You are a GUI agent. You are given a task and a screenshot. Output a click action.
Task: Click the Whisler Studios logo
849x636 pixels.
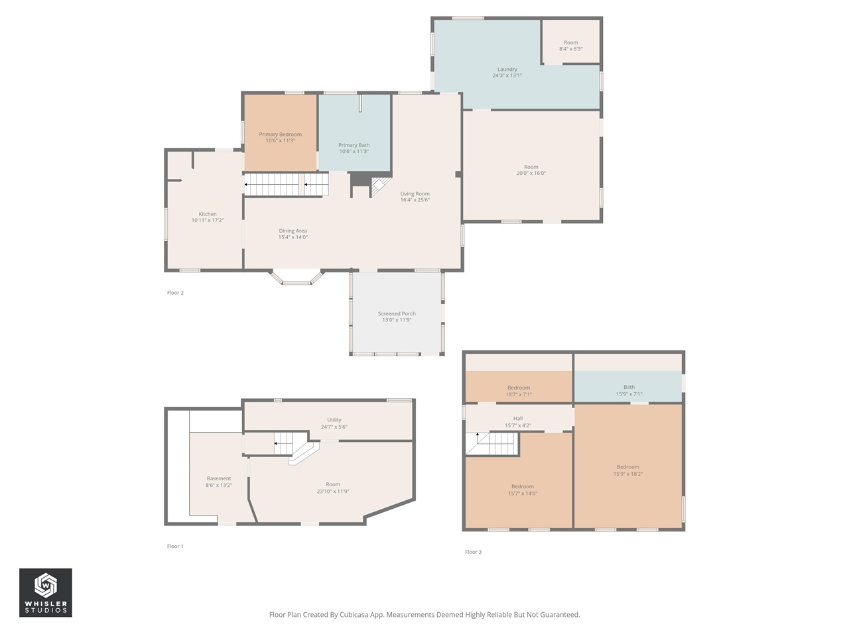tap(45, 592)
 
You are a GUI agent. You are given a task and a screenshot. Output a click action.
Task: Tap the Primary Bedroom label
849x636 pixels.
tap(280, 134)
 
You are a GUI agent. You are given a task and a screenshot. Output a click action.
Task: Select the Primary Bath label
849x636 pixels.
tap(354, 145)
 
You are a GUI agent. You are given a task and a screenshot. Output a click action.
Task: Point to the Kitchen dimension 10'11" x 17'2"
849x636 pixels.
tap(208, 220)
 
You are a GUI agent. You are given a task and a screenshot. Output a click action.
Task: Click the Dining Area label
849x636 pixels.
tap(293, 231)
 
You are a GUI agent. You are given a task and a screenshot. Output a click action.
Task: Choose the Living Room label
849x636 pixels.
tap(415, 194)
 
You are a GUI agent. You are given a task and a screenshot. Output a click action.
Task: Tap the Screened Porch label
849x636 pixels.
tap(397, 314)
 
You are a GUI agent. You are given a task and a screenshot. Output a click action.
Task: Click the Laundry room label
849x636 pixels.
tap(507, 70)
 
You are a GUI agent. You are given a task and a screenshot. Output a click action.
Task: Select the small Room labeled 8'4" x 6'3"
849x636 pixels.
tap(570, 46)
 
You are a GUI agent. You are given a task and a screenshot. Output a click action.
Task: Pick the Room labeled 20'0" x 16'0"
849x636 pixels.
tap(531, 170)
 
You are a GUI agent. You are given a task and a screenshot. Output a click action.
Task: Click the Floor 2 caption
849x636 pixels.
tap(175, 293)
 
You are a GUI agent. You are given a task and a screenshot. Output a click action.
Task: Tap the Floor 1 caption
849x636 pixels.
tap(175, 547)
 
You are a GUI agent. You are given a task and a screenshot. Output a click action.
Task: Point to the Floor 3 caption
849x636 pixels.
tap(473, 552)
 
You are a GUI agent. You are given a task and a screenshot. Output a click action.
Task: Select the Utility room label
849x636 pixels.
tap(334, 420)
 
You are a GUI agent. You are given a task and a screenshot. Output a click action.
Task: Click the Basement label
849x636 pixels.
tap(218, 478)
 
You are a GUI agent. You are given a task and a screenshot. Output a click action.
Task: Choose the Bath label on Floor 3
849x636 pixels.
tap(629, 388)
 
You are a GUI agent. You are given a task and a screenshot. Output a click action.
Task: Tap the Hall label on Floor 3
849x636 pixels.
tap(518, 419)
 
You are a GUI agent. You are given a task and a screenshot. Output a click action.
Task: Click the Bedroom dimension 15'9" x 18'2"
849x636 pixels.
tap(627, 474)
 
